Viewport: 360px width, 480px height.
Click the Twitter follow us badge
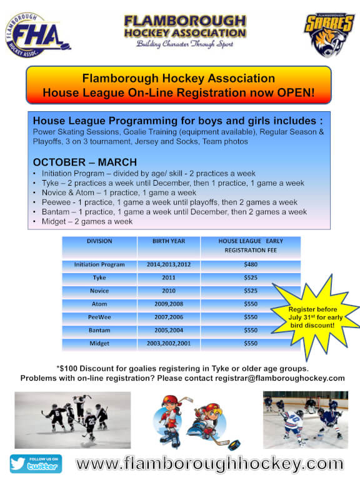coord(36,463)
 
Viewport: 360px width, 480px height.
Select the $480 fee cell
coord(251,264)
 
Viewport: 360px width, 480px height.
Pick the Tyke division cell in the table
coord(99,277)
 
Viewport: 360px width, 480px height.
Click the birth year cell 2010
coord(169,291)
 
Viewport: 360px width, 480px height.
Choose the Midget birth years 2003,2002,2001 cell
coord(169,343)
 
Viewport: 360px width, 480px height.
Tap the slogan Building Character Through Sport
coord(184,44)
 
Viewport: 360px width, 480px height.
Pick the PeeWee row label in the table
coord(99,317)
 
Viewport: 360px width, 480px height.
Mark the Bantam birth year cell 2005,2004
coord(169,330)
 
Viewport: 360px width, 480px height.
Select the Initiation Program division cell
coord(99,264)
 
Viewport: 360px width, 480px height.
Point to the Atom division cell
coord(99,304)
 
